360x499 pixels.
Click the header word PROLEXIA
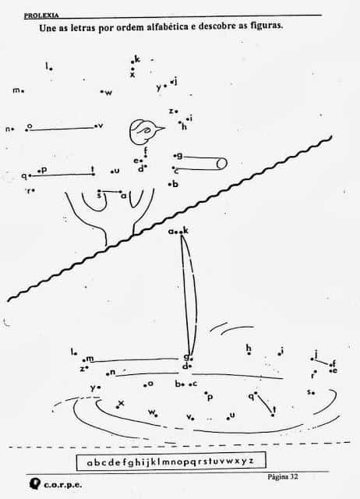41,16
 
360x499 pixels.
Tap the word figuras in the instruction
266,26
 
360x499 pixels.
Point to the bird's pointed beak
161,129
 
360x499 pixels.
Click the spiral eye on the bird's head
146,130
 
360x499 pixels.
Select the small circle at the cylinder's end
222,164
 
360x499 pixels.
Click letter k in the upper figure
137,59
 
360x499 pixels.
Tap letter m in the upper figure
16,90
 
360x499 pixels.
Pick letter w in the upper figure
108,93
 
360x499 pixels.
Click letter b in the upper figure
175,184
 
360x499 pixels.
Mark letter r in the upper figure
29,191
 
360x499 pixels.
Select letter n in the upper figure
8,129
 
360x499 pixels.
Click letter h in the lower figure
249,348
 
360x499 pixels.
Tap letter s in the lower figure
309,391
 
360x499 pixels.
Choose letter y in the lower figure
93,388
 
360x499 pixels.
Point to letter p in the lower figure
210,397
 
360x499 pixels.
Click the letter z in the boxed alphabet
251,461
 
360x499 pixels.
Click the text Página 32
283,476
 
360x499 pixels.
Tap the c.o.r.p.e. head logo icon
35,483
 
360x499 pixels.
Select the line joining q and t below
264,404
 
